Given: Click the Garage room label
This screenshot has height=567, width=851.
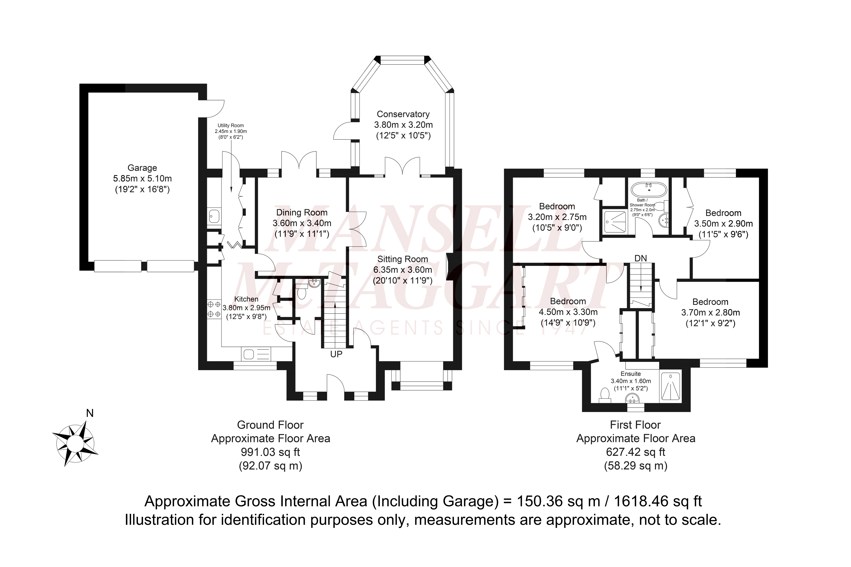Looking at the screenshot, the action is coord(142,168).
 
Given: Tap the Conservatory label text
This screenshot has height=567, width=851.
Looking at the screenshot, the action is coord(403,114).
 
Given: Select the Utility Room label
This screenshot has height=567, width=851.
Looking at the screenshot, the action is coord(231,125).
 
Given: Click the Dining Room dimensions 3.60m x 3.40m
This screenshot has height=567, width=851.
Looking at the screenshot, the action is coord(302,223).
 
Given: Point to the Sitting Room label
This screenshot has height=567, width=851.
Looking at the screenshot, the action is coord(403,259).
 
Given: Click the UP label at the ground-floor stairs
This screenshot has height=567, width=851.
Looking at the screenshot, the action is coord(336,354).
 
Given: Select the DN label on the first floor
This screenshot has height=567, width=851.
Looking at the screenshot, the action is coord(640,258).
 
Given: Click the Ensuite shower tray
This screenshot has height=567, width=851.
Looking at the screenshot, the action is coord(670,387).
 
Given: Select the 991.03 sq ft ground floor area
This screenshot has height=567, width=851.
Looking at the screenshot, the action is coord(271,452).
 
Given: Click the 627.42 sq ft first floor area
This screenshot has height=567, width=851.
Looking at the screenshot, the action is coord(635,452).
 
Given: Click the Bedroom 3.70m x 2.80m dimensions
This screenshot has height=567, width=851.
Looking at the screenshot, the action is coord(710,313).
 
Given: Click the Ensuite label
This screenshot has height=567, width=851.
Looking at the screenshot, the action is coord(631,374).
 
